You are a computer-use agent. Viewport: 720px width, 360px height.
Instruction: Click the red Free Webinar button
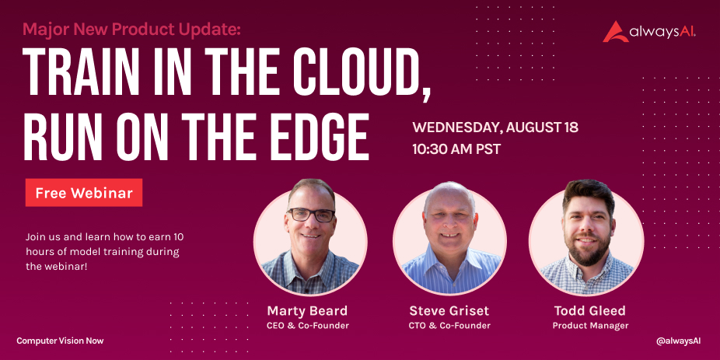pyautogui.click(x=83, y=192)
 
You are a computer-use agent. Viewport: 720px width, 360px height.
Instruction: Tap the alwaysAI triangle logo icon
pyautogui.click(x=615, y=32)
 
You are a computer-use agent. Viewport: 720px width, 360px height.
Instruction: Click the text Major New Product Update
pyautogui.click(x=131, y=30)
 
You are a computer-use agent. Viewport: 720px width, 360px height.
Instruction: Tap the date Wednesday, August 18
pyautogui.click(x=495, y=128)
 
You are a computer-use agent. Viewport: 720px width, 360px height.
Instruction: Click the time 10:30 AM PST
pyautogui.click(x=456, y=149)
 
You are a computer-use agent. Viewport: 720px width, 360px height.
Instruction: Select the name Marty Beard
pyautogui.click(x=307, y=311)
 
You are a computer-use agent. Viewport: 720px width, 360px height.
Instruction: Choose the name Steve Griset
pyautogui.click(x=449, y=311)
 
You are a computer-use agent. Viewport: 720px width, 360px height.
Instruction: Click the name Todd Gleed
pyautogui.click(x=590, y=311)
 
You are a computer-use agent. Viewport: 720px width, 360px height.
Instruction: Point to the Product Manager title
pyautogui.click(x=590, y=326)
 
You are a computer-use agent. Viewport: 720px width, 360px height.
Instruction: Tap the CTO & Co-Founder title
pyautogui.click(x=449, y=326)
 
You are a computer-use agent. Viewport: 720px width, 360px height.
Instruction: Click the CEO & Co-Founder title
pyautogui.click(x=307, y=326)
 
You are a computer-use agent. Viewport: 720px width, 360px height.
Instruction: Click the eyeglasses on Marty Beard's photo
pyautogui.click(x=311, y=215)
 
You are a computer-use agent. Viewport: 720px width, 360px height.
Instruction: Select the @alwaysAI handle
pyautogui.click(x=678, y=341)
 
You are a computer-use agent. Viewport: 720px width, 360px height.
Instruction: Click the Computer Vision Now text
pyautogui.click(x=60, y=341)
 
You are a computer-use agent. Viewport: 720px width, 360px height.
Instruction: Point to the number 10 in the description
pyautogui.click(x=178, y=237)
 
